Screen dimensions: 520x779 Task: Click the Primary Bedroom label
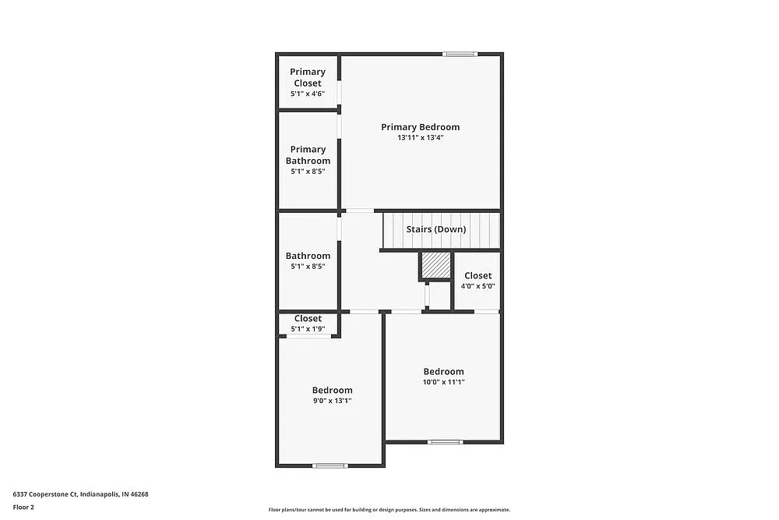[x=420, y=127]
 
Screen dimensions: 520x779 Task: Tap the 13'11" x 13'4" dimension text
[x=420, y=138]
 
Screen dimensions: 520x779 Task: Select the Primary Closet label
[x=308, y=77]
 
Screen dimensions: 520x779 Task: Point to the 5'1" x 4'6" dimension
[x=308, y=94]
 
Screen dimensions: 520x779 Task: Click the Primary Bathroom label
[x=308, y=155]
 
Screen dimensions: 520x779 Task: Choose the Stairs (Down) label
[x=436, y=229]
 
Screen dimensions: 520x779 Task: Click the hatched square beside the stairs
[x=436, y=265]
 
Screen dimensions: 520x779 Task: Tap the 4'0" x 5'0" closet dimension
[x=478, y=286]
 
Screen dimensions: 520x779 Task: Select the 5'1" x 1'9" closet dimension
[x=308, y=329]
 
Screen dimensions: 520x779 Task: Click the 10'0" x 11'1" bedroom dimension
[x=443, y=382]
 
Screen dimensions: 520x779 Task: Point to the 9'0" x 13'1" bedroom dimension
[x=332, y=401]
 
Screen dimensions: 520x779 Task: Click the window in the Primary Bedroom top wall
[x=460, y=54]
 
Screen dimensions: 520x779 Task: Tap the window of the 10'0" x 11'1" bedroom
[x=445, y=442]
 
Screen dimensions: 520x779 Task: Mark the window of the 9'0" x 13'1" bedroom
[x=330, y=465]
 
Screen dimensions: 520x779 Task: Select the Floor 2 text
[x=24, y=507]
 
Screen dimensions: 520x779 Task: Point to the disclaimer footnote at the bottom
[x=389, y=509]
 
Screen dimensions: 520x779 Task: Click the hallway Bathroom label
[x=308, y=256]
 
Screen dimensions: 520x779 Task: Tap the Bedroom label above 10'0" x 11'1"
[x=443, y=372]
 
